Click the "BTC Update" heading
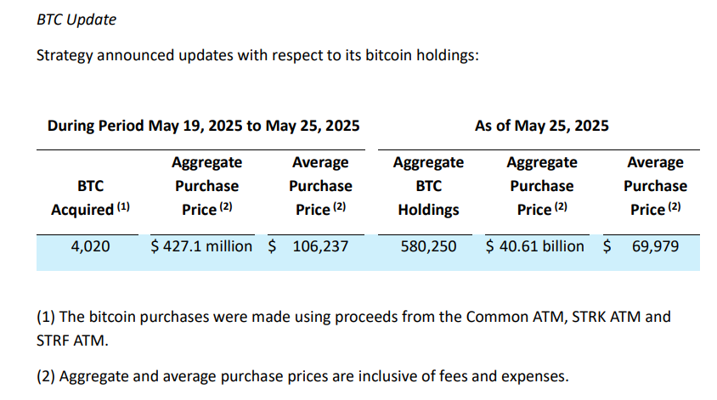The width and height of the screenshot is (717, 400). [77, 20]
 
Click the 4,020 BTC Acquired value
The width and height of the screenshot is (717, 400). [90, 246]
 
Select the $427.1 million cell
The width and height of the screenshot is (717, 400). [201, 246]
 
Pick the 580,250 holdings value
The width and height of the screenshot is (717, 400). [427, 246]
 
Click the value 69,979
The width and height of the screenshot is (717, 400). [655, 246]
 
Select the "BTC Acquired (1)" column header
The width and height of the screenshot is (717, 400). [91, 197]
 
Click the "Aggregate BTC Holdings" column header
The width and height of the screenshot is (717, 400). [428, 186]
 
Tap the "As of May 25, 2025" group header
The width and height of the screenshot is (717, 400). [541, 126]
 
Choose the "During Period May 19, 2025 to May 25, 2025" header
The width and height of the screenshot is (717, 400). [203, 126]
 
